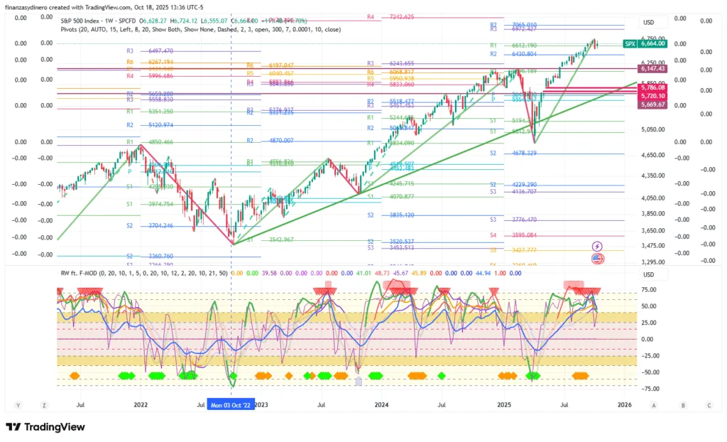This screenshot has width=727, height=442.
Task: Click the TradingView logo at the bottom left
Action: pos(45,427)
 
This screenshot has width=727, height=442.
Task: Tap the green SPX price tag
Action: pos(629,44)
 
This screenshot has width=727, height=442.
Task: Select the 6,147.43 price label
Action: pos(652,68)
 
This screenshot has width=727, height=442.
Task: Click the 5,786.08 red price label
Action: pos(652,87)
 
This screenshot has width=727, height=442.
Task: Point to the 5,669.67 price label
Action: pos(652,104)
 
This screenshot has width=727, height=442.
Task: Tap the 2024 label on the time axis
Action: pos(382,405)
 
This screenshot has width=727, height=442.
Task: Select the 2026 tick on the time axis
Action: pos(625,405)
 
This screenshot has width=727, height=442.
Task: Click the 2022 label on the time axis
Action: pos(140,405)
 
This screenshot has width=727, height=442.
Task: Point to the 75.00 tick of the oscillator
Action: pos(647,290)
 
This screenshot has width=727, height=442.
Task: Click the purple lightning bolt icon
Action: pos(598,246)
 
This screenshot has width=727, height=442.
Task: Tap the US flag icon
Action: pos(598,258)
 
